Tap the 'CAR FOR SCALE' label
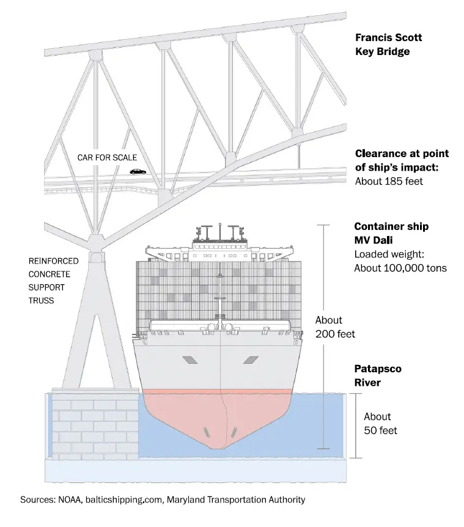[x=107, y=158]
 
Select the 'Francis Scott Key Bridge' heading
[x=388, y=45]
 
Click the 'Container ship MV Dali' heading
[x=391, y=232]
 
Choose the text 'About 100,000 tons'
[x=400, y=268]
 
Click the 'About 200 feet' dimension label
[x=335, y=327]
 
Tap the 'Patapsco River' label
[x=378, y=376]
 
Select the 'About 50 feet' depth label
[x=380, y=424]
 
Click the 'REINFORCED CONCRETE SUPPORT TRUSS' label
[x=54, y=281]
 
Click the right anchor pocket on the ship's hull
[x=251, y=360]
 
